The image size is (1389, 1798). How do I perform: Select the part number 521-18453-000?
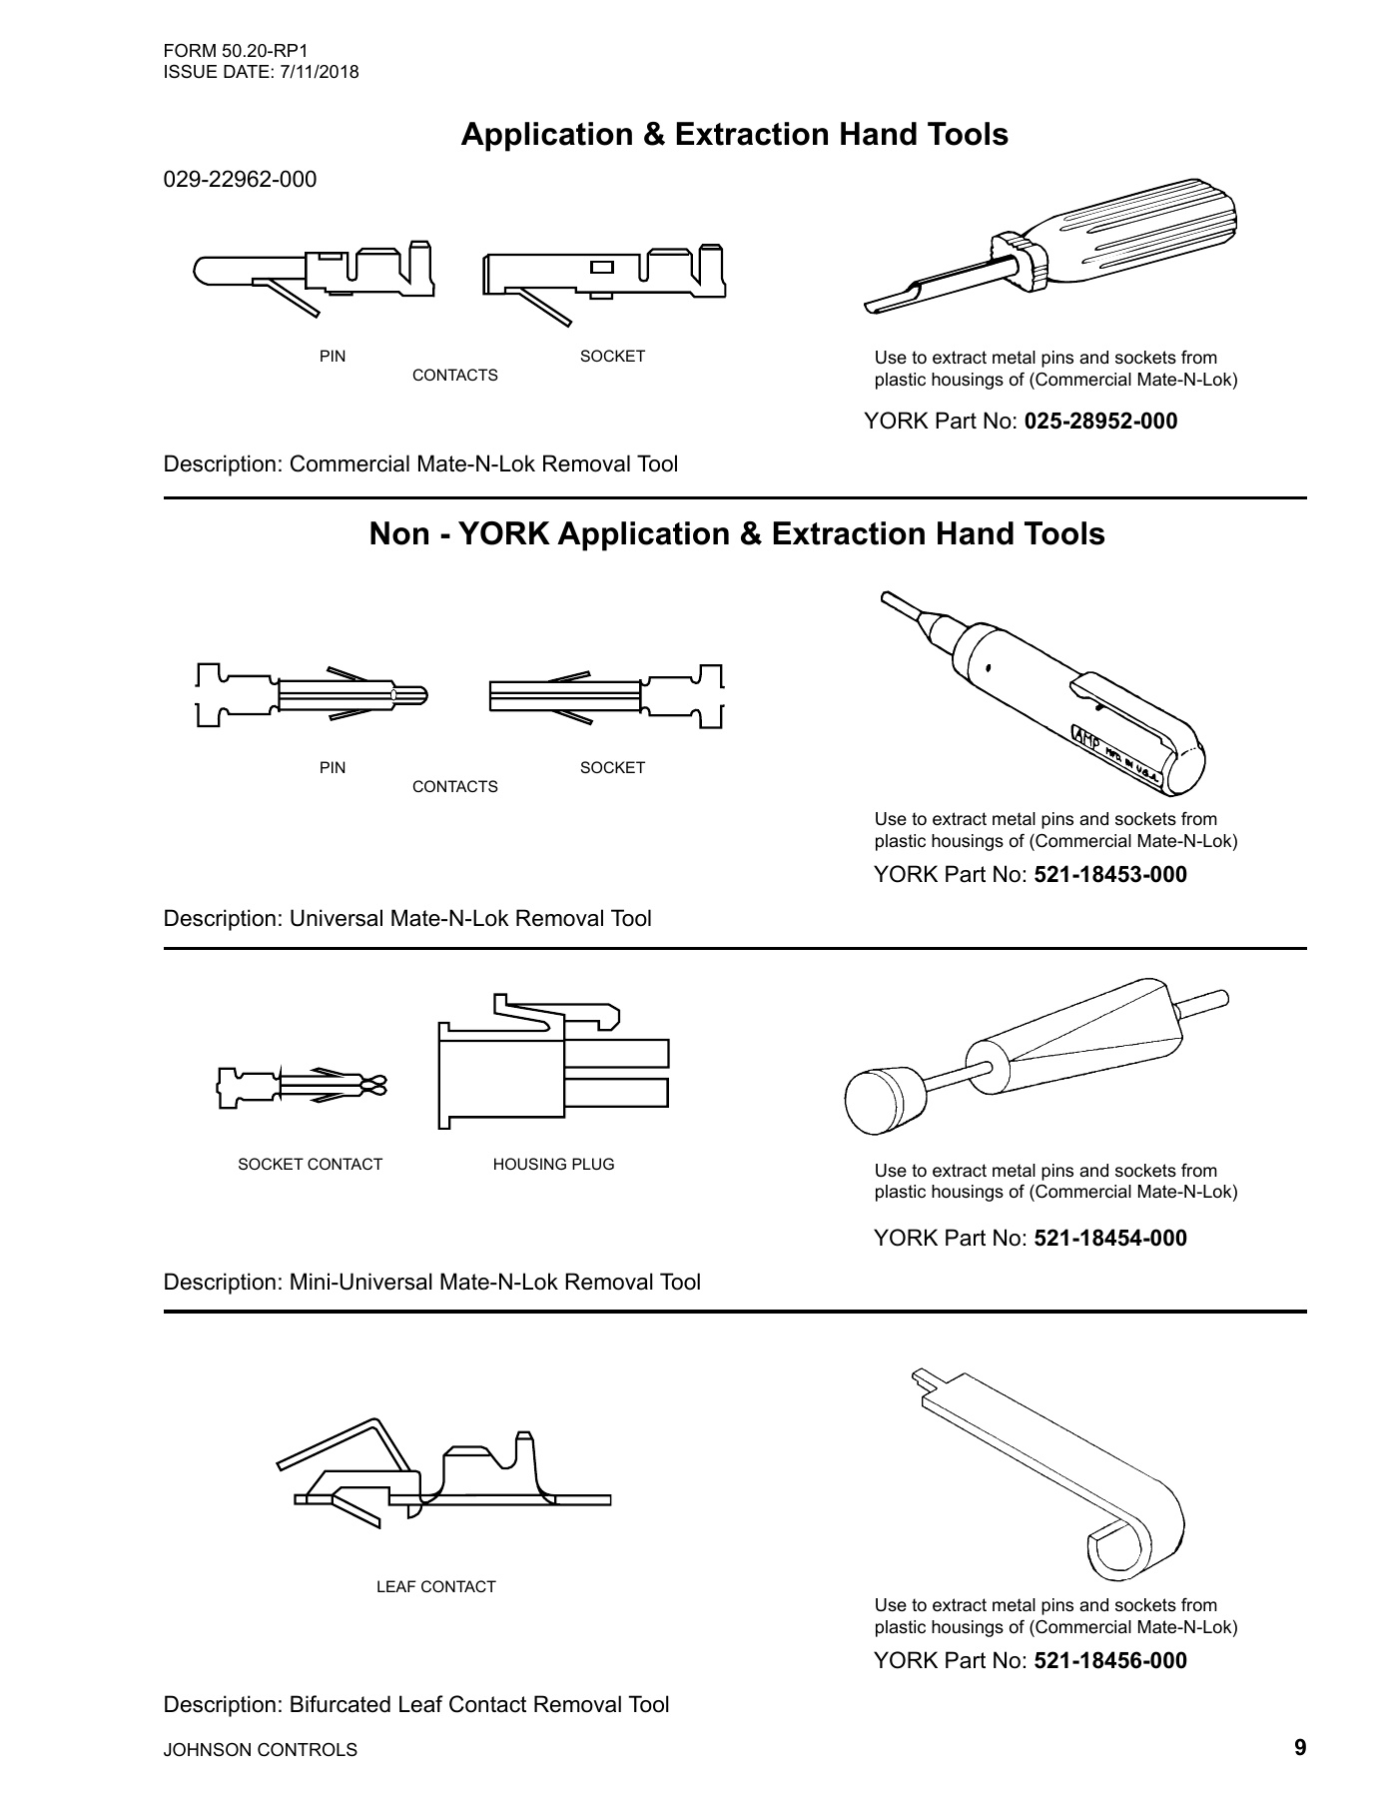1109,875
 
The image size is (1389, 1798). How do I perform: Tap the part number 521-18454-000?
1109,1239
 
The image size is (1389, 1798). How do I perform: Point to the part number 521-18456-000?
1109,1661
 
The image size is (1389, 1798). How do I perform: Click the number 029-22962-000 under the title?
240,180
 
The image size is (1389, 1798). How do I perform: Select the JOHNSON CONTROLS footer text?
260,1750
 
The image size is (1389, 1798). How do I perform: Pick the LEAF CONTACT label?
435,1587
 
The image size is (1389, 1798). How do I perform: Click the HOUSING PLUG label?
553,1165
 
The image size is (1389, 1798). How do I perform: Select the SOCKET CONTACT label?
310,1165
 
